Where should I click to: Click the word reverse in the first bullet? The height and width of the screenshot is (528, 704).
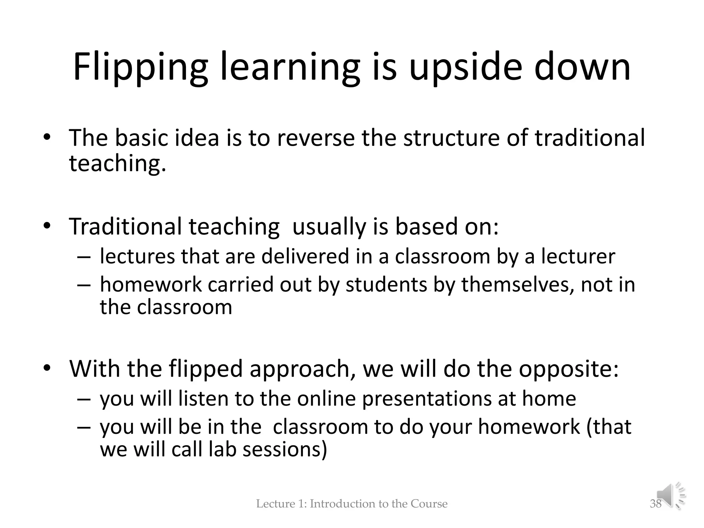click(316, 138)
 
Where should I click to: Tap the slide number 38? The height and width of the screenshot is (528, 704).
click(656, 504)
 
